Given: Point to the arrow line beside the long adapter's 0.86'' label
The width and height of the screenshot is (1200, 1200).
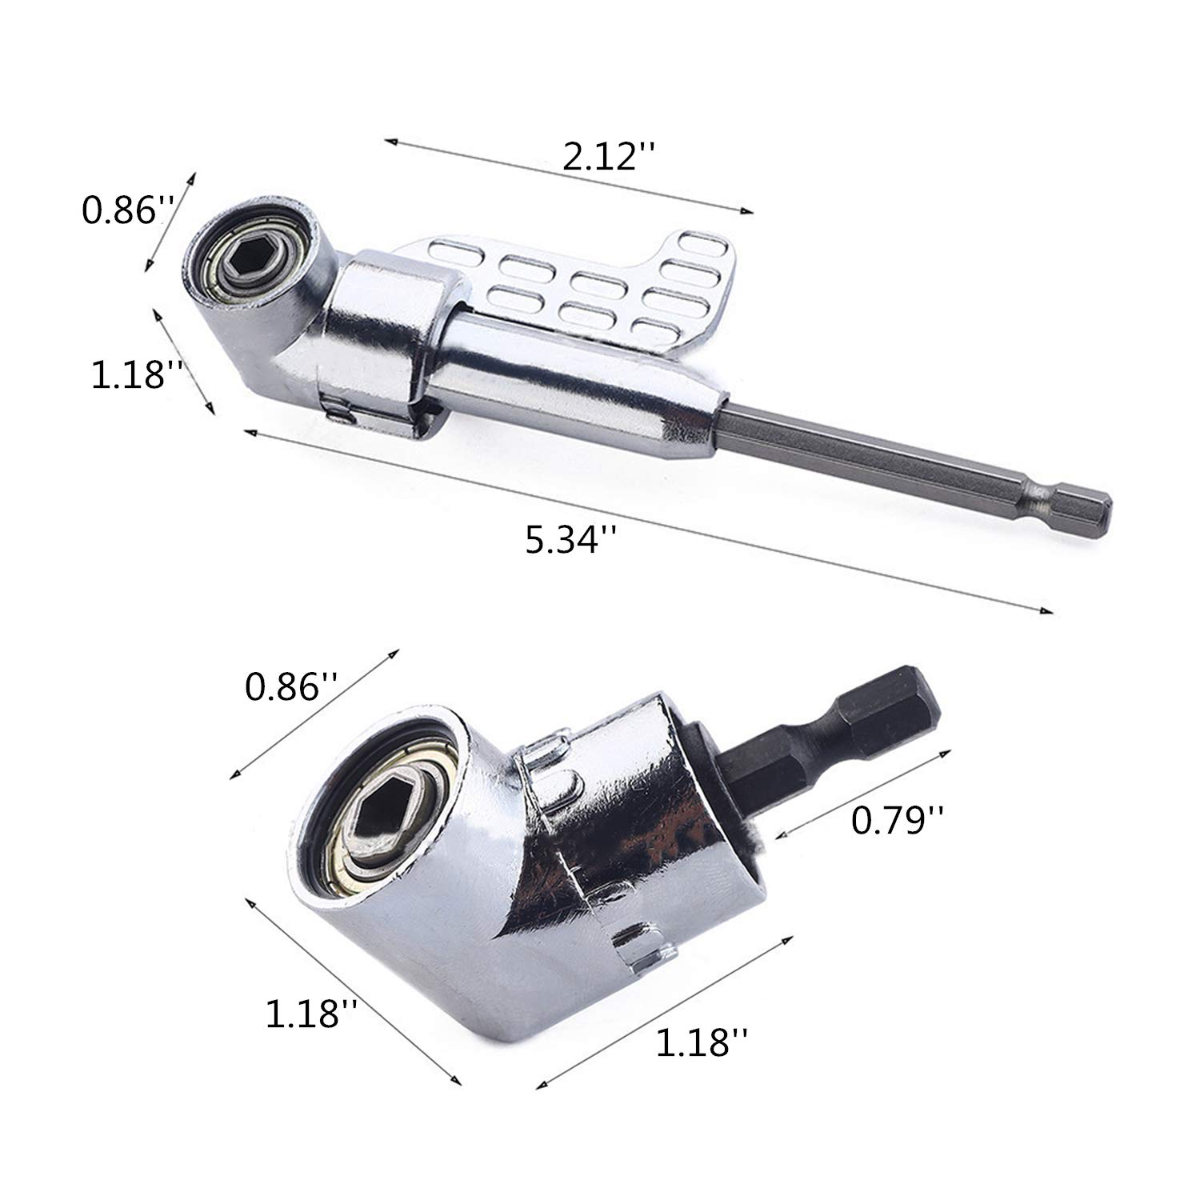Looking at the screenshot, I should pyautogui.click(x=170, y=220).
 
